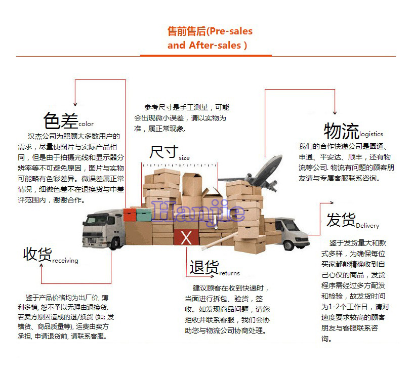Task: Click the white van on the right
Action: (x=286, y=234)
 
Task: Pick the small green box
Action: (x=144, y=216)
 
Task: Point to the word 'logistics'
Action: (x=371, y=135)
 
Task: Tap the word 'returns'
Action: (x=229, y=273)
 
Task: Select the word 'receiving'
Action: (x=65, y=261)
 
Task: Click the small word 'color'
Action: (x=86, y=124)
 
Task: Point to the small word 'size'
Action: (x=184, y=158)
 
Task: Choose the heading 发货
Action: (x=341, y=221)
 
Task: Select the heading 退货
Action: (x=204, y=267)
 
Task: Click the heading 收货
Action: (x=37, y=255)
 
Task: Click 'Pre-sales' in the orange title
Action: (x=230, y=31)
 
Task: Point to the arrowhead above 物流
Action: (x=335, y=112)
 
